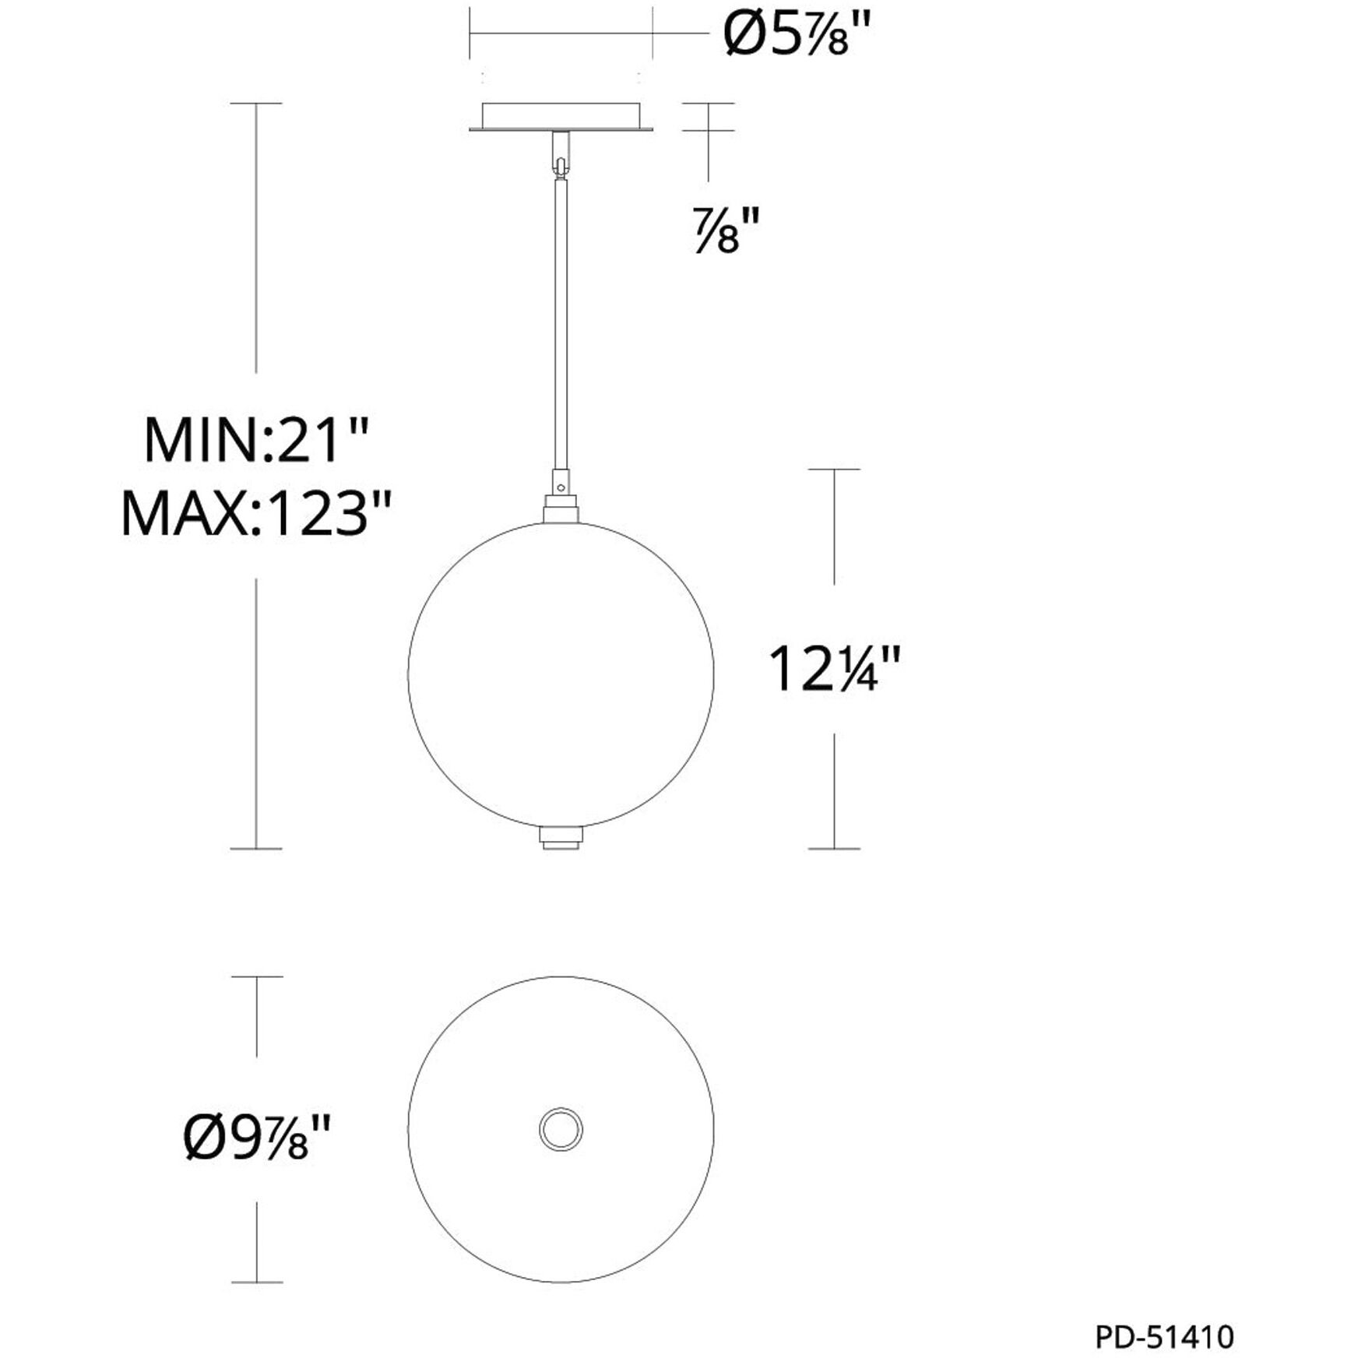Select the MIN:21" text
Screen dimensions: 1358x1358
255,441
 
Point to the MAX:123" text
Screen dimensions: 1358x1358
255,514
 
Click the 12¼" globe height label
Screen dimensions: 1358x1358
834,670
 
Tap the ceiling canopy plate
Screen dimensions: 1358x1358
561,117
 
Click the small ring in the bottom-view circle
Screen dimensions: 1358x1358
561,1129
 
